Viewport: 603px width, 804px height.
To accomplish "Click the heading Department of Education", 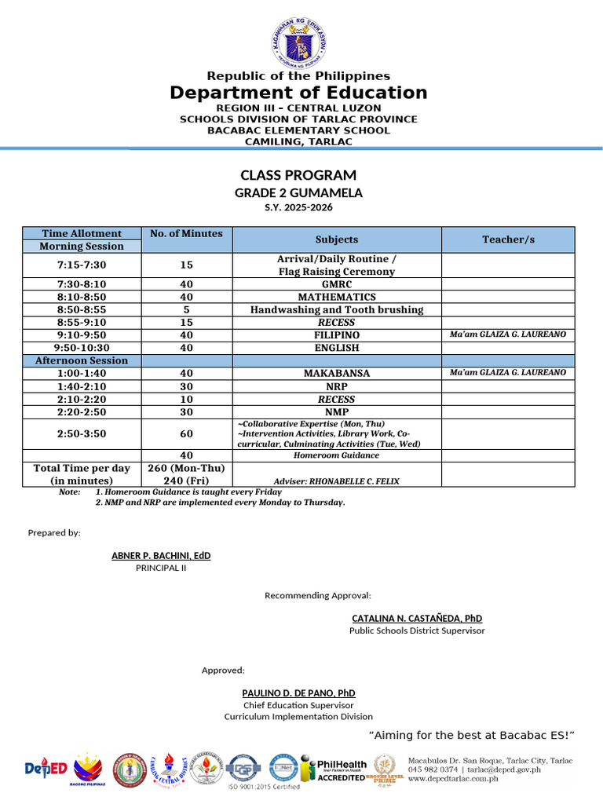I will tap(299, 93).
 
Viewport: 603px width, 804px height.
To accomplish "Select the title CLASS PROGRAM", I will tap(298, 175).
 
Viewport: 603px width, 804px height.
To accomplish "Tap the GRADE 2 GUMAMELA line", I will tap(298, 192).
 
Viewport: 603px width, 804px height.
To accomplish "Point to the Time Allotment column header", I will tap(82, 233).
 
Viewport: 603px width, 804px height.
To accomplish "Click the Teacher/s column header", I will tap(507, 239).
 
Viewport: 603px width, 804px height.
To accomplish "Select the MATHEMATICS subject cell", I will tap(336, 297).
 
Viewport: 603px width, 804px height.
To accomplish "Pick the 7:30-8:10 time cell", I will tap(82, 284).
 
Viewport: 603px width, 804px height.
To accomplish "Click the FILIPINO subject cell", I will tap(336, 334).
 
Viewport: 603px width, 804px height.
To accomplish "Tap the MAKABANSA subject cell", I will tap(336, 373).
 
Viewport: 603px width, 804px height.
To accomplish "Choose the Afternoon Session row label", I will tap(82, 360).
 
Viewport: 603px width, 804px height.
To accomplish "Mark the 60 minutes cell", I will tap(187, 433).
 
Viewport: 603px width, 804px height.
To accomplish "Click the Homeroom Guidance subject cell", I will tap(336, 455).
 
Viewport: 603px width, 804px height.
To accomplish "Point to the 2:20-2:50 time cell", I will tap(82, 411).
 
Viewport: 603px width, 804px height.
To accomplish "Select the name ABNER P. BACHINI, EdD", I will tap(161, 556).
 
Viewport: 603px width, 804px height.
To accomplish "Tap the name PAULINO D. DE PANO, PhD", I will tap(298, 693).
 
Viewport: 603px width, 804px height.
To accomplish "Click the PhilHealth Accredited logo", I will tap(341, 769).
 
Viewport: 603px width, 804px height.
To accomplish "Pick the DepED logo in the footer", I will tap(46, 769).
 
